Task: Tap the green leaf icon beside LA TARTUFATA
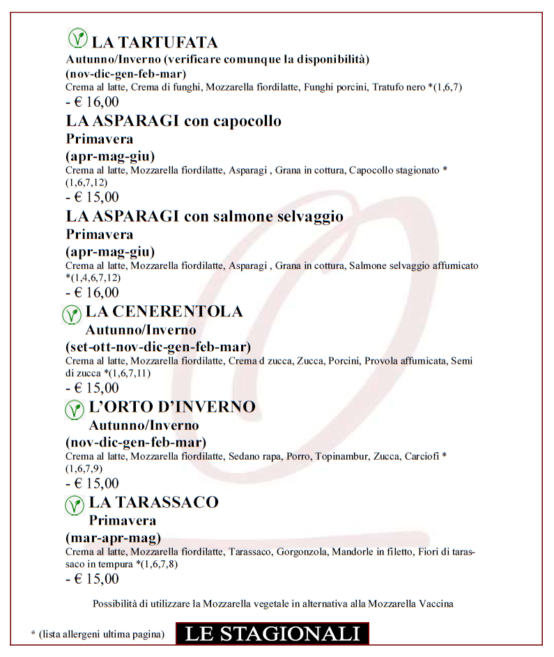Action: pyautogui.click(x=77, y=38)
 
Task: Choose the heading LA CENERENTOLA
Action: pyautogui.click(x=164, y=311)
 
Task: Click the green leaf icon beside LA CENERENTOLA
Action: pyautogui.click(x=71, y=315)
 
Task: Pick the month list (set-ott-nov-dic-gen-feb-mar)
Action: pyautogui.click(x=158, y=346)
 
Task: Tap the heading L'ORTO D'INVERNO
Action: pyautogui.click(x=172, y=407)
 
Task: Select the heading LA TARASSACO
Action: pyautogui.click(x=153, y=502)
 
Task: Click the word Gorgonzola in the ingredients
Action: pyautogui.click(x=299, y=552)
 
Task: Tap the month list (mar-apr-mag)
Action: pyautogui.click(x=114, y=537)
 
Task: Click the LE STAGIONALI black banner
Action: pyautogui.click(x=272, y=633)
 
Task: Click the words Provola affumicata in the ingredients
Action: pyautogui.click(x=405, y=361)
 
